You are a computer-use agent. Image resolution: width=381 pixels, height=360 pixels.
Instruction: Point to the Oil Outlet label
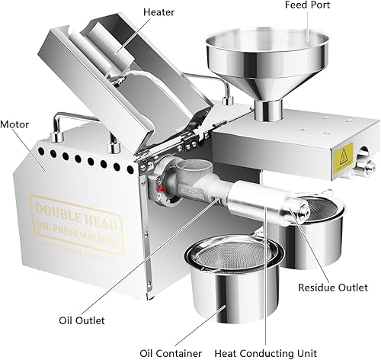(x=82, y=320)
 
